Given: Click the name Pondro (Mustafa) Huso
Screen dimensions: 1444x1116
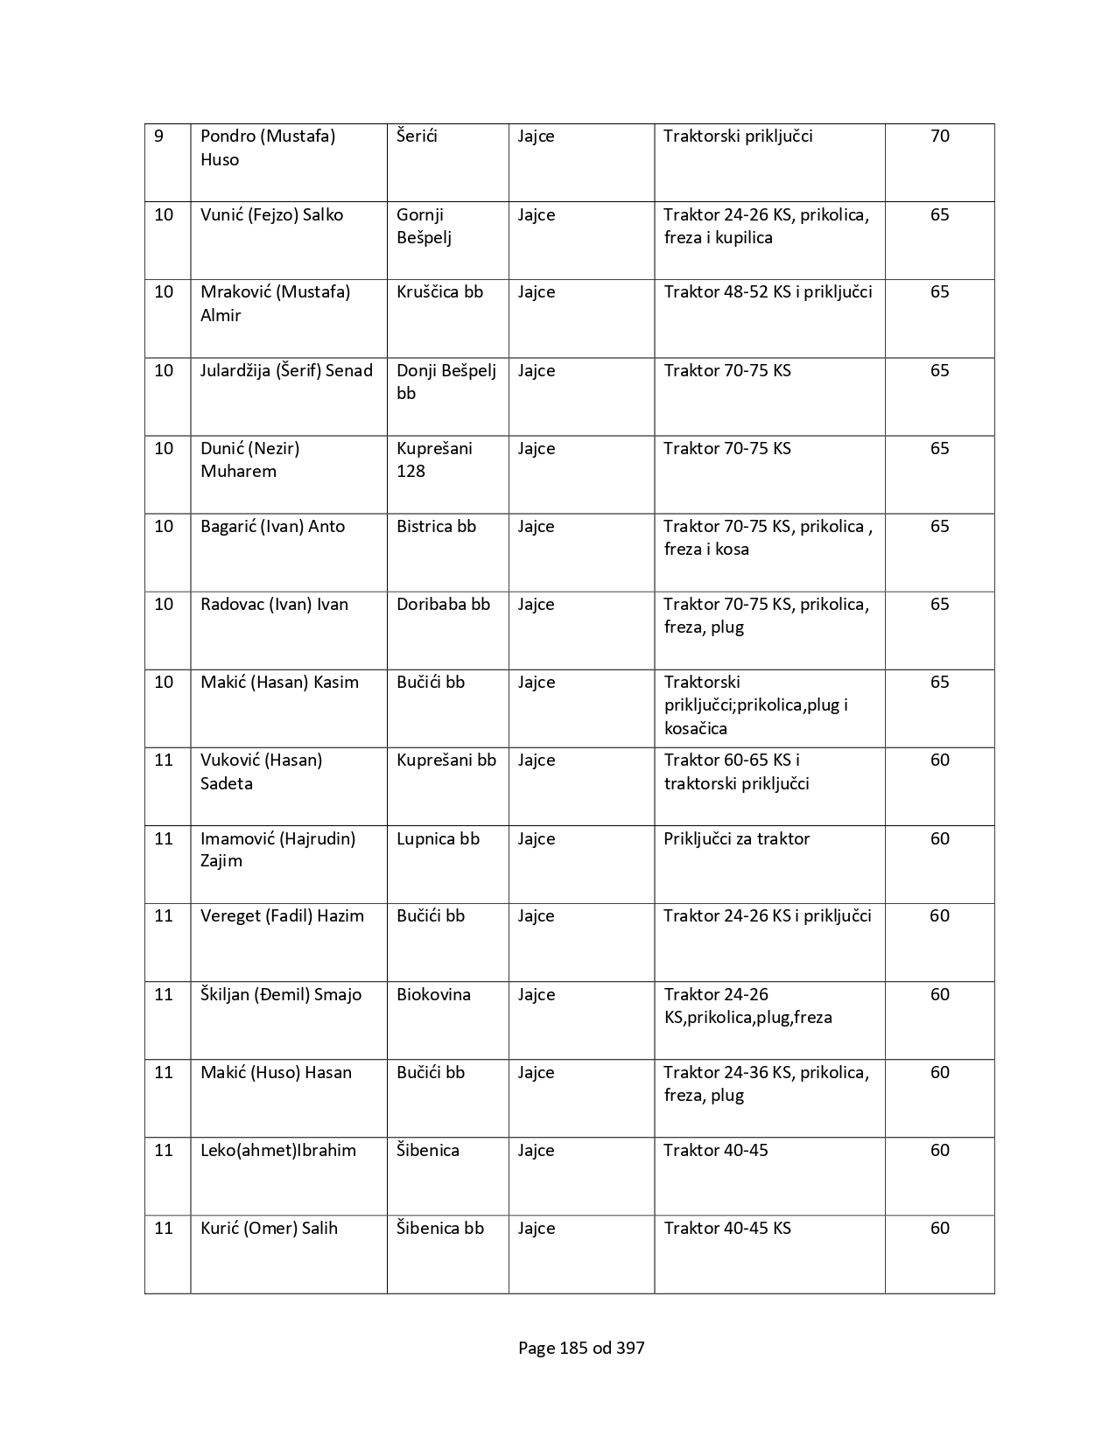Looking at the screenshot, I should (268, 148).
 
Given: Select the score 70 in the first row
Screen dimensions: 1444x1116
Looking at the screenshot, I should (939, 137).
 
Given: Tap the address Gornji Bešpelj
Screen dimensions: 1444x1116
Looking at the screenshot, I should (424, 226).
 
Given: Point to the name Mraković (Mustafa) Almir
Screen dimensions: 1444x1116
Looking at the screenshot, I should (275, 304).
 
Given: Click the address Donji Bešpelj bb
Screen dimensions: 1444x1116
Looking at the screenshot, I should (446, 382).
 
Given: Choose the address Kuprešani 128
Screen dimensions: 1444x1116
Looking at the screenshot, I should (434, 459).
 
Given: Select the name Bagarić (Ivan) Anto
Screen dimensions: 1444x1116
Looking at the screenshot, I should (272, 527).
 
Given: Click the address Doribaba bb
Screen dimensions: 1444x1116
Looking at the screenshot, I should (443, 605).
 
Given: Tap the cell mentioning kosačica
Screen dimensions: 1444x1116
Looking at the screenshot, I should (755, 705).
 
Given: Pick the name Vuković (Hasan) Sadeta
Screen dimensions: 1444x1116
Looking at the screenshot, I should (261, 772).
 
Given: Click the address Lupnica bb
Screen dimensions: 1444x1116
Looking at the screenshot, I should (438, 839).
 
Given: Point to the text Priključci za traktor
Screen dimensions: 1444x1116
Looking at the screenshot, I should (736, 839).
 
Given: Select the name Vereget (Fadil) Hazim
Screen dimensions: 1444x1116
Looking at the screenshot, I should (282, 916).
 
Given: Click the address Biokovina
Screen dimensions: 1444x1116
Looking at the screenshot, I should (433, 995).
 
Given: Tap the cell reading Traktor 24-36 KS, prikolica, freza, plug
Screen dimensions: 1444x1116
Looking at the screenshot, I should (766, 1083).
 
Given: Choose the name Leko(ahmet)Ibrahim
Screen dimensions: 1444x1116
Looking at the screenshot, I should (277, 1151).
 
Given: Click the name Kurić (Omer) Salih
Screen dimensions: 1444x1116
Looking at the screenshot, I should (269, 1229).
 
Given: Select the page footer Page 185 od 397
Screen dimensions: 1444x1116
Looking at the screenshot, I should (581, 1348).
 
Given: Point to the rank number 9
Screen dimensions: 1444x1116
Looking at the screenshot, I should (158, 137).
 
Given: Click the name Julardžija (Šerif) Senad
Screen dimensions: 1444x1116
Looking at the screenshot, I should (286, 371).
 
